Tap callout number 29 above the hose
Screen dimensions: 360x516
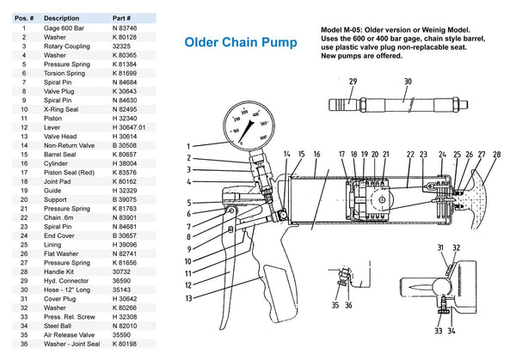click(x=353, y=81)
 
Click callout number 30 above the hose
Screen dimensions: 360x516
click(x=408, y=81)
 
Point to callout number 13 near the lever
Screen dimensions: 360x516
click(x=187, y=298)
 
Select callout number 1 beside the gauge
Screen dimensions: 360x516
click(x=187, y=146)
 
